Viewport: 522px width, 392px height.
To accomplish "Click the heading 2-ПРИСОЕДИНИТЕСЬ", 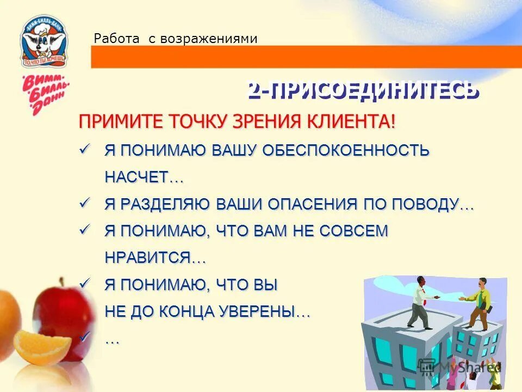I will [363, 91].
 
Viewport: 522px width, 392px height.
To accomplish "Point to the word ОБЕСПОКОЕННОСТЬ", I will [346, 150].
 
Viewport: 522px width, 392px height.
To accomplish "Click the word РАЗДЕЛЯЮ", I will [165, 204].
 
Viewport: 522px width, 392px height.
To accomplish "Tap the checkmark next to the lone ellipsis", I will [84, 338].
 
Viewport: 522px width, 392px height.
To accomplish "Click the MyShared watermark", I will [460, 367].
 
